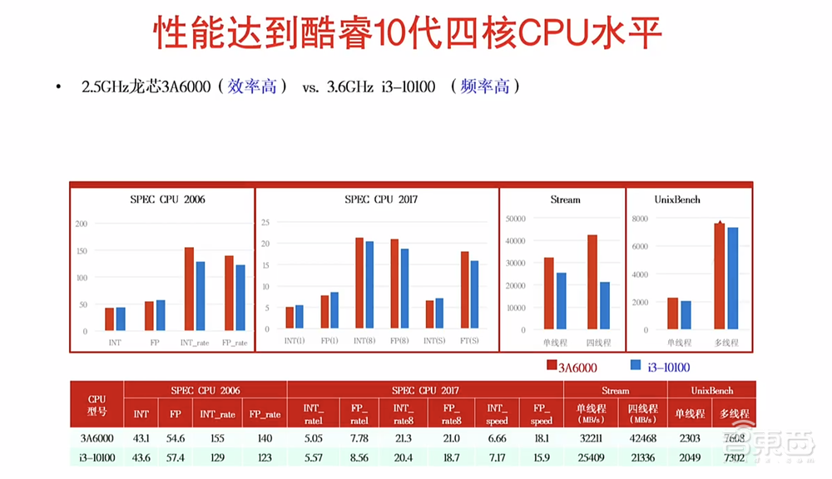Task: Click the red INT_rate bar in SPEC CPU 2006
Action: pyautogui.click(x=189, y=289)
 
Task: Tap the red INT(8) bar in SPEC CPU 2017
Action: pyautogui.click(x=359, y=283)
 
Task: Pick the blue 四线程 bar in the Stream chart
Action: pyautogui.click(x=605, y=305)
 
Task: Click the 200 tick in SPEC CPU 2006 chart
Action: pyautogui.click(x=81, y=224)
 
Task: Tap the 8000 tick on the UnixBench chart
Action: pyautogui.click(x=639, y=218)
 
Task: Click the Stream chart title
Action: pyautogui.click(x=565, y=200)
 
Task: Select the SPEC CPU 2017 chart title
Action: pyautogui.click(x=380, y=200)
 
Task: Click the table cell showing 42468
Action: pyautogui.click(x=642, y=438)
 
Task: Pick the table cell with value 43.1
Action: pyautogui.click(x=141, y=438)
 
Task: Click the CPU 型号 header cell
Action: pyautogui.click(x=97, y=404)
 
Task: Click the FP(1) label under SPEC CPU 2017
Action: pyautogui.click(x=329, y=342)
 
